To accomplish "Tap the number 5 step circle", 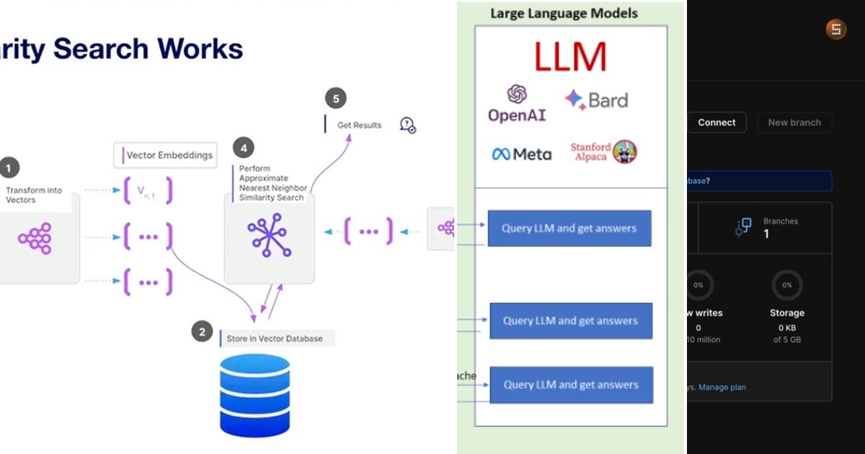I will [x=334, y=99].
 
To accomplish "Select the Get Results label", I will [x=359, y=125].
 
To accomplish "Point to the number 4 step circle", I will [x=244, y=148].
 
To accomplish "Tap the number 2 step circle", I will [x=202, y=332].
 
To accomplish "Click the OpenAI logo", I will [x=517, y=104].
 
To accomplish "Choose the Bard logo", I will [x=596, y=100].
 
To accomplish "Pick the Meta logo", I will [x=521, y=154].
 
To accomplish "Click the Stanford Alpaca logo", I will [x=604, y=152].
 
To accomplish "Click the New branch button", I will [x=794, y=123].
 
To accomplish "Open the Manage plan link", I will [x=722, y=387].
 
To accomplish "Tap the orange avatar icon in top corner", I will [x=836, y=30].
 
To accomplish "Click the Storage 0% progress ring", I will [x=786, y=285].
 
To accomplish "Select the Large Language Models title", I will [x=564, y=13].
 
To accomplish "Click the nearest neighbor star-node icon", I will [x=269, y=236].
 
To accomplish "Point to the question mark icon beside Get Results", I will [x=407, y=125].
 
